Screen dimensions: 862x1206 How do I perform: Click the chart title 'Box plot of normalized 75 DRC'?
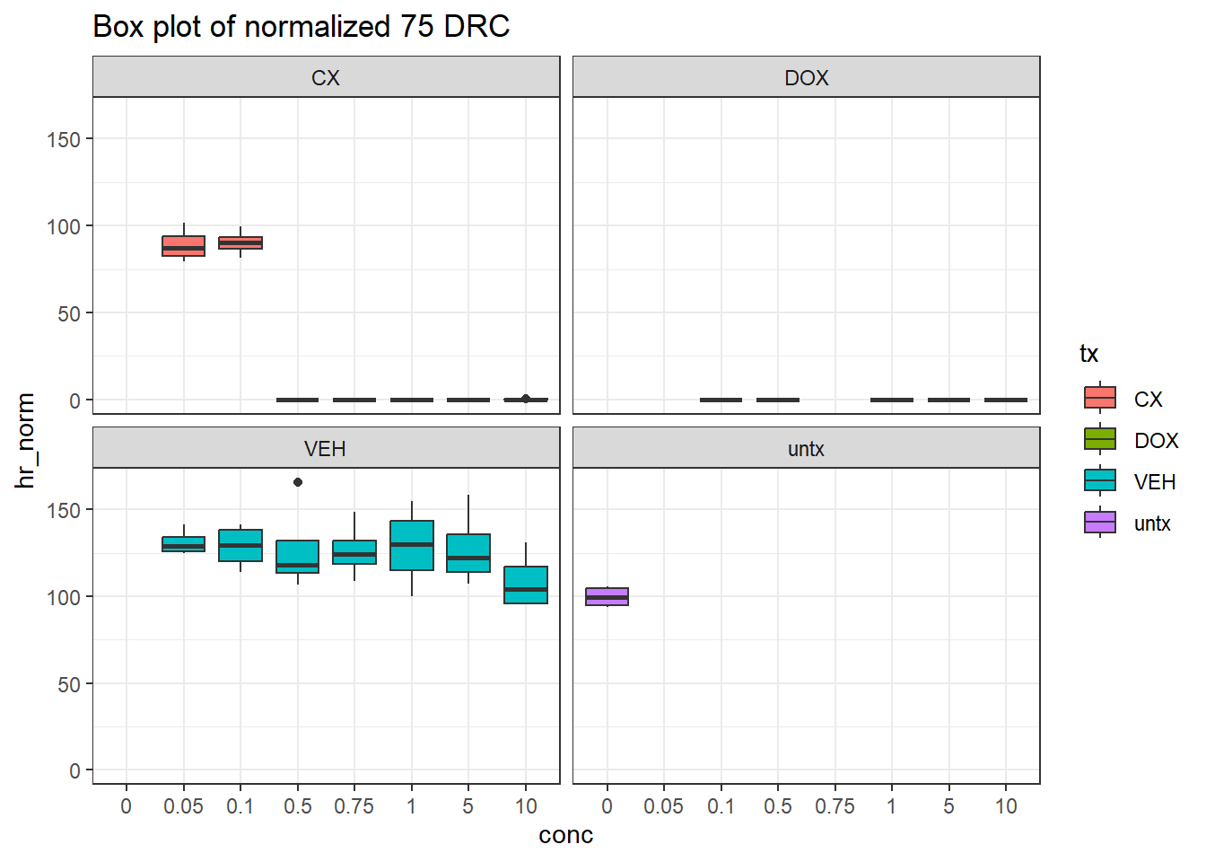pos(301,27)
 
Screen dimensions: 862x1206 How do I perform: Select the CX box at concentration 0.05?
pos(183,246)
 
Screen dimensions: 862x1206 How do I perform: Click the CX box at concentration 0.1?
pos(240,242)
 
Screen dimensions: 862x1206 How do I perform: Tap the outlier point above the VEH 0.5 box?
pos(298,482)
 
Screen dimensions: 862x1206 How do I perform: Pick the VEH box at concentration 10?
pos(526,585)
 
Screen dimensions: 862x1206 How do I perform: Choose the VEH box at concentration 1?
pos(412,545)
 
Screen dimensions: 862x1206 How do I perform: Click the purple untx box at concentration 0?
pos(607,596)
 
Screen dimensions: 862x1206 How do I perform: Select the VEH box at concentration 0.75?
pos(354,552)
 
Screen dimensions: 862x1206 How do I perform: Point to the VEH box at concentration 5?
pos(468,553)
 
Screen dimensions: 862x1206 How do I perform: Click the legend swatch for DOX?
pos(1100,440)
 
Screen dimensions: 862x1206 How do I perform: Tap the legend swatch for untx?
pos(1100,523)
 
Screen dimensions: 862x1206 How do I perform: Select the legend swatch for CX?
pos(1100,399)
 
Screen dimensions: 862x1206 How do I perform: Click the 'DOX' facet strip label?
pos(806,78)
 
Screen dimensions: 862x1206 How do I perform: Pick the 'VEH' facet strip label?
pos(325,449)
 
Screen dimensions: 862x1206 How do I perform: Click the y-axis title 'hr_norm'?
pos(25,440)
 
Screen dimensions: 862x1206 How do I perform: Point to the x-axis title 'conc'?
pos(565,835)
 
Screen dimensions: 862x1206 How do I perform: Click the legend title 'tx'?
pos(1089,354)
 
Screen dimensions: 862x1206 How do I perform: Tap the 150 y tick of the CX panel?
pos(64,139)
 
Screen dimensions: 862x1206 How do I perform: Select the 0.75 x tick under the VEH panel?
pos(354,806)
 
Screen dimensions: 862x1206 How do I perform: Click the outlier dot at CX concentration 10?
pos(526,399)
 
